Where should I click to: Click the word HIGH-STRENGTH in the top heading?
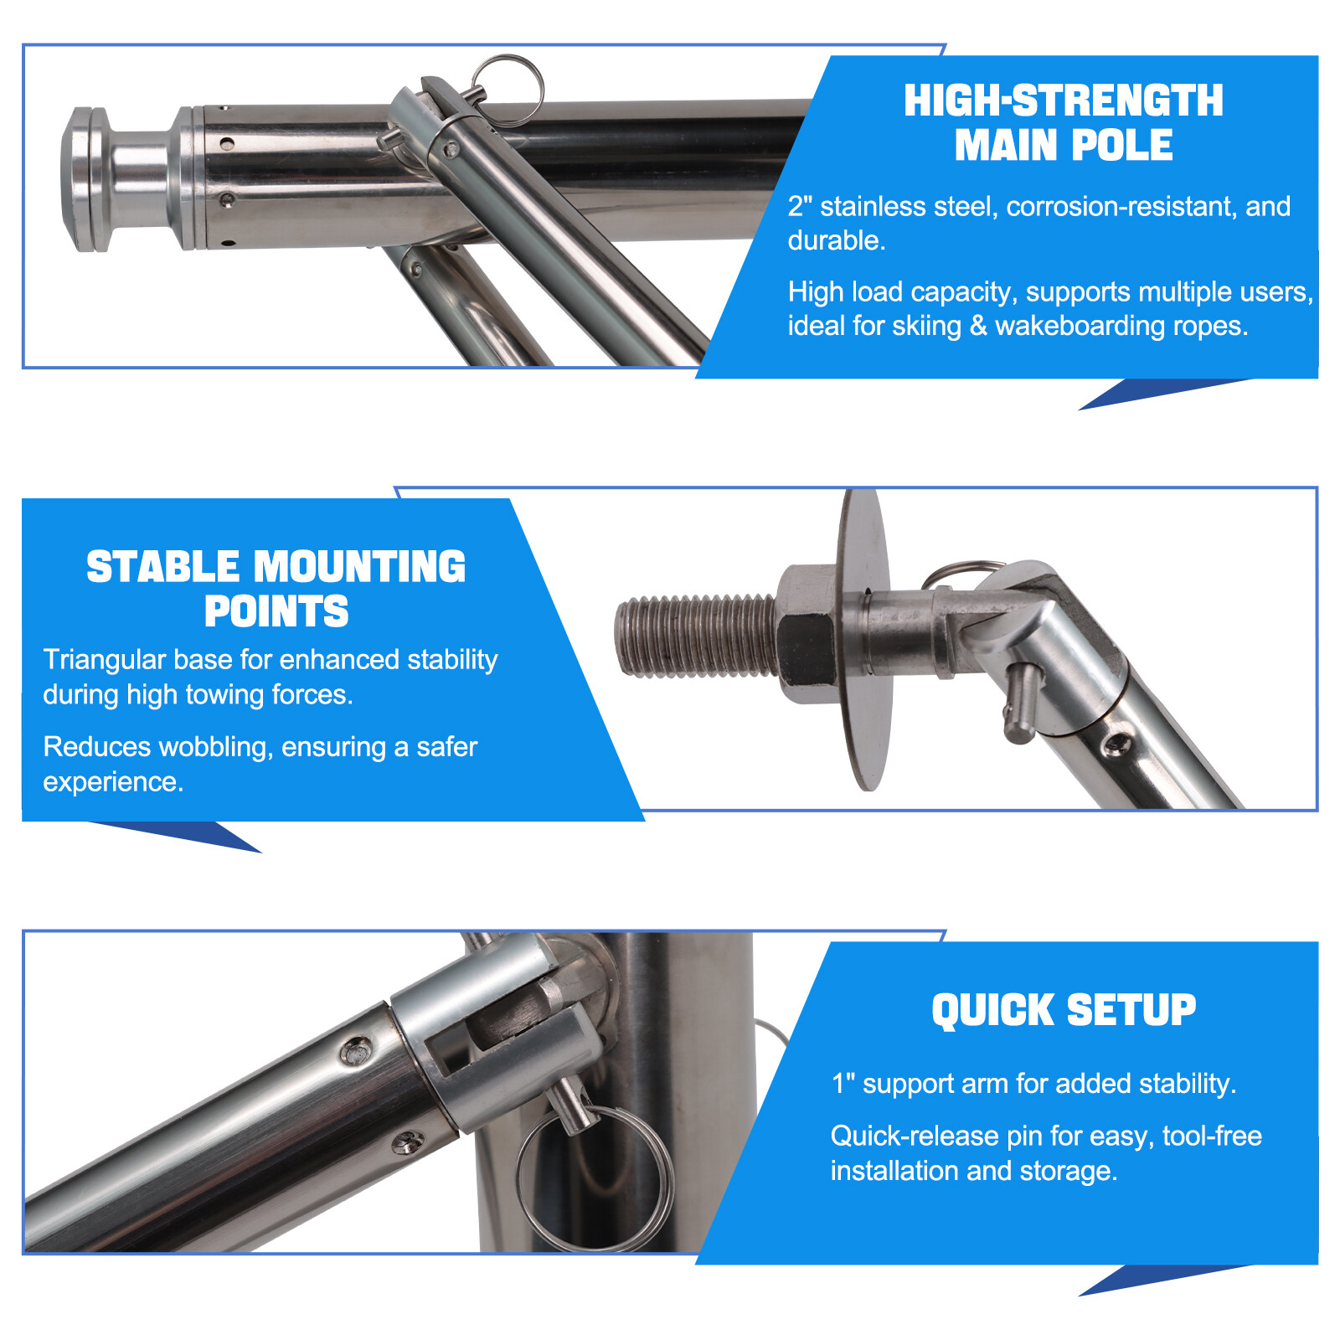pyautogui.click(x=1063, y=100)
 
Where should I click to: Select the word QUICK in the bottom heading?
pyautogui.click(x=993, y=1010)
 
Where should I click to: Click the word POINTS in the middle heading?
pyautogui.click(x=276, y=611)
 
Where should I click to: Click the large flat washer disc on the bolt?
pyautogui.click(x=864, y=638)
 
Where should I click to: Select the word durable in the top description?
pyautogui.click(x=836, y=240)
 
